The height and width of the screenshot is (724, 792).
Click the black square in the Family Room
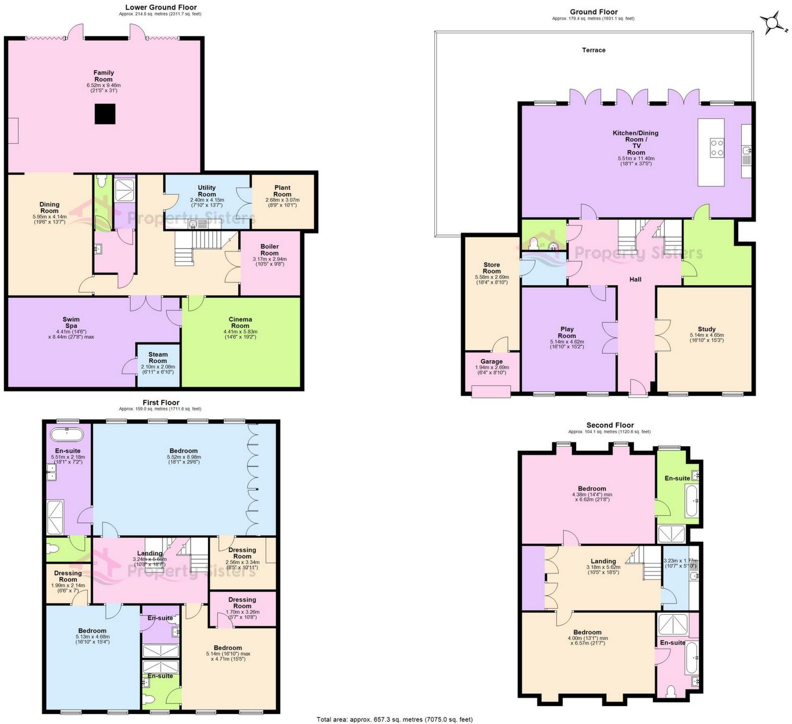click(105, 113)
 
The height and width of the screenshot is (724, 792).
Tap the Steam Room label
click(158, 358)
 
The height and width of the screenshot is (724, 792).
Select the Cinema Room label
click(240, 322)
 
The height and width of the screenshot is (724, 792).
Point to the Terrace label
click(594, 50)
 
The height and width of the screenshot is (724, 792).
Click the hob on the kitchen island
click(717, 148)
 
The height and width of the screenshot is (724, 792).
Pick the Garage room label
click(492, 362)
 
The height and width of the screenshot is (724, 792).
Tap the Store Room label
click(492, 268)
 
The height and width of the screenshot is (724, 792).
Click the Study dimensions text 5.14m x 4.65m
click(706, 335)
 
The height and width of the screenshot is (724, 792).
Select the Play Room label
click(567, 332)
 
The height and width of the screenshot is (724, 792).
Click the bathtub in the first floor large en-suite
click(67, 434)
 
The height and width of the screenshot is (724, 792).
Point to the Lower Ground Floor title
click(161, 7)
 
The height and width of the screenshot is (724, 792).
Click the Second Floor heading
click(610, 425)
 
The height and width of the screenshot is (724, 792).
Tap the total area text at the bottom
click(395, 720)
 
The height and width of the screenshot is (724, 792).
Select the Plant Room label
click(282, 191)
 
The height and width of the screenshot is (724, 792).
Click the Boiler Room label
click(270, 249)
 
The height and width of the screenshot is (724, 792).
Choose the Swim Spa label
click(71, 322)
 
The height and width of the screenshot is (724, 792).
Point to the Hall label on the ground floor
click(635, 280)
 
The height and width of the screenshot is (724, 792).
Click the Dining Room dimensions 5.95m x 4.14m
click(49, 217)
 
